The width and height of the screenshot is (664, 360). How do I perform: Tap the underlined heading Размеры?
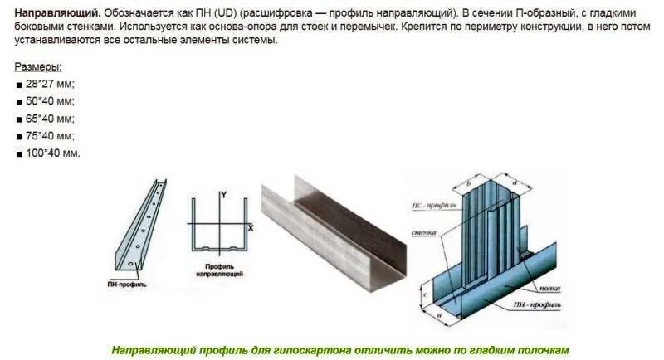(x=38, y=66)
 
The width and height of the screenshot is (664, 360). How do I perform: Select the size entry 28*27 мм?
(x=50, y=84)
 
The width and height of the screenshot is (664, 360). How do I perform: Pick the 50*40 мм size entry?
(x=50, y=101)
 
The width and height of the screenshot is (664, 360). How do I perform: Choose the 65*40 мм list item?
(x=50, y=119)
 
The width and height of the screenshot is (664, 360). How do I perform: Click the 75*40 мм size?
(x=50, y=135)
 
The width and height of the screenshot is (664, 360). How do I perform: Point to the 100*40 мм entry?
(x=53, y=153)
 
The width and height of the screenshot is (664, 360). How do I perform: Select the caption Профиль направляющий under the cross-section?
(x=219, y=269)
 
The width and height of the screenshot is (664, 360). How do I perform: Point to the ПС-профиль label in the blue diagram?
(x=427, y=203)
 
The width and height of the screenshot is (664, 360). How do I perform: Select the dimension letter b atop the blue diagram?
(x=469, y=181)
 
